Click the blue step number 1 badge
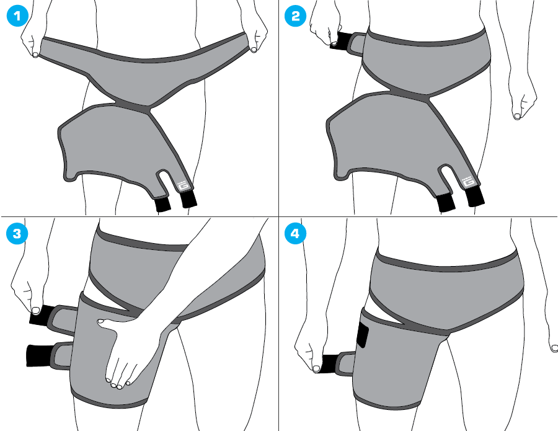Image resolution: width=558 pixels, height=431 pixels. (x=17, y=16)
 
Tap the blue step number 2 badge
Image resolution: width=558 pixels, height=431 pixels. (x=295, y=16)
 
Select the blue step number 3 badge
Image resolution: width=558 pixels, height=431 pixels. (x=17, y=234)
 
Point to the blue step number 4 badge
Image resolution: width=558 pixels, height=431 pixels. (x=295, y=234)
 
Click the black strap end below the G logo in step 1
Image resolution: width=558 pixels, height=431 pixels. (x=188, y=199)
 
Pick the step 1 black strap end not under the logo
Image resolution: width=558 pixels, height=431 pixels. (x=163, y=204)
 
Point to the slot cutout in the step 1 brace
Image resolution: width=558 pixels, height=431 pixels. (x=164, y=181)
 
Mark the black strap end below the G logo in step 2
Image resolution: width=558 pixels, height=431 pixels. (x=475, y=196)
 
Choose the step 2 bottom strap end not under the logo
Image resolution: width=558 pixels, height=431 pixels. (x=446, y=203)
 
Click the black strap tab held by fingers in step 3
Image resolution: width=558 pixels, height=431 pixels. (x=42, y=314)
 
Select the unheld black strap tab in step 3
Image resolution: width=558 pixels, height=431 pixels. (x=38, y=355)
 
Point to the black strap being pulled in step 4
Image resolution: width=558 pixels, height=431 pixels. (x=330, y=363)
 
